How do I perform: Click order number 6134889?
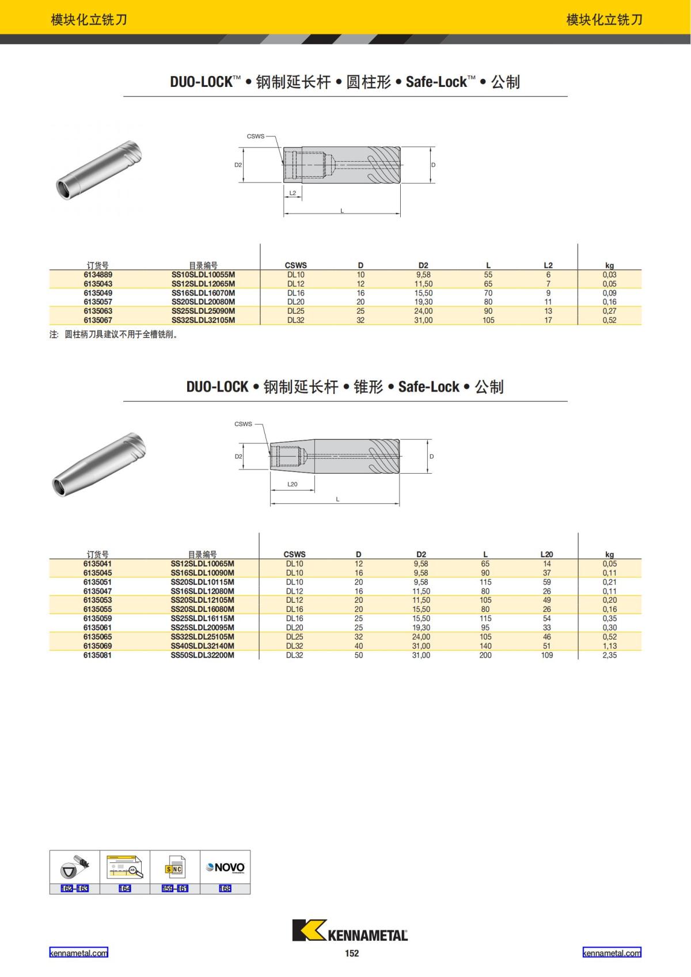pos(98,275)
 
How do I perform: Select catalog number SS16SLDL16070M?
pos(203,293)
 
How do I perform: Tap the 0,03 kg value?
pos(609,275)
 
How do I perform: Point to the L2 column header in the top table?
pos(548,265)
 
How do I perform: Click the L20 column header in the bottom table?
pos(546,554)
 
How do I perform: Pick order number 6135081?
pos(97,655)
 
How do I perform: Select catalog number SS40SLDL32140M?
pos(203,646)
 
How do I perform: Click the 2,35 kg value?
pos(609,655)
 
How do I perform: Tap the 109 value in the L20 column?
pos(546,655)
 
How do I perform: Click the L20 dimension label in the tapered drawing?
pos(293,484)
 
